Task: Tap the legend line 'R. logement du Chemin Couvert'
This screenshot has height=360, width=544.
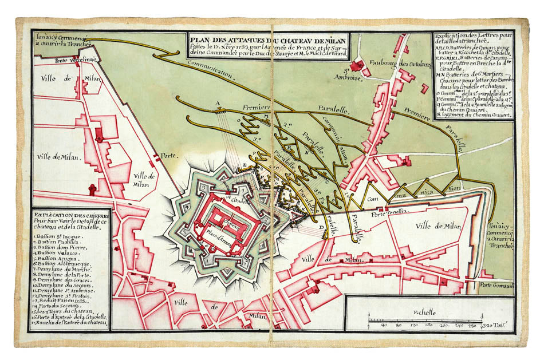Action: click(473, 114)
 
